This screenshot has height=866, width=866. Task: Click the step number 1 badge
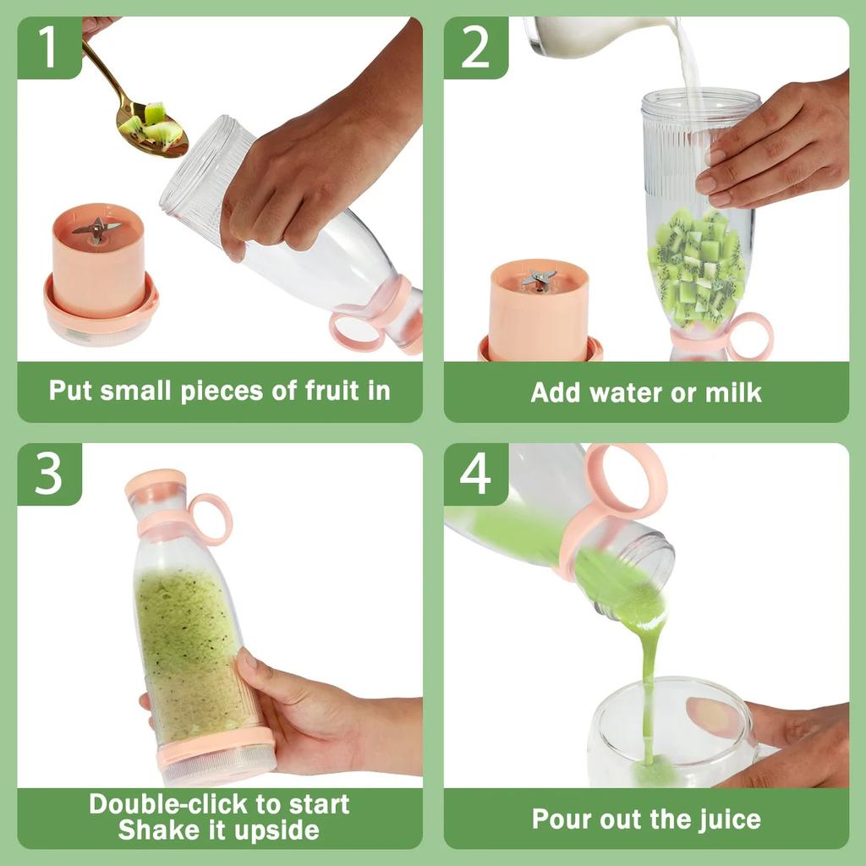[48, 48]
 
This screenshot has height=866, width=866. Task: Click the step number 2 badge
[475, 48]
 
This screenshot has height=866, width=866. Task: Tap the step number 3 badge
[48, 475]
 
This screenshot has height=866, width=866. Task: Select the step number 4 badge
[475, 475]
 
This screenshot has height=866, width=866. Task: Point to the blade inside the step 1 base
[96, 228]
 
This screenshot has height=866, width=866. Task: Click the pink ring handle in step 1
[356, 331]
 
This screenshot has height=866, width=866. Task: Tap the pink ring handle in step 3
[211, 518]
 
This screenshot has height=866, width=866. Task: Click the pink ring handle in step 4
[626, 482]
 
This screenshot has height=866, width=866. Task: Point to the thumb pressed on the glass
[711, 715]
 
